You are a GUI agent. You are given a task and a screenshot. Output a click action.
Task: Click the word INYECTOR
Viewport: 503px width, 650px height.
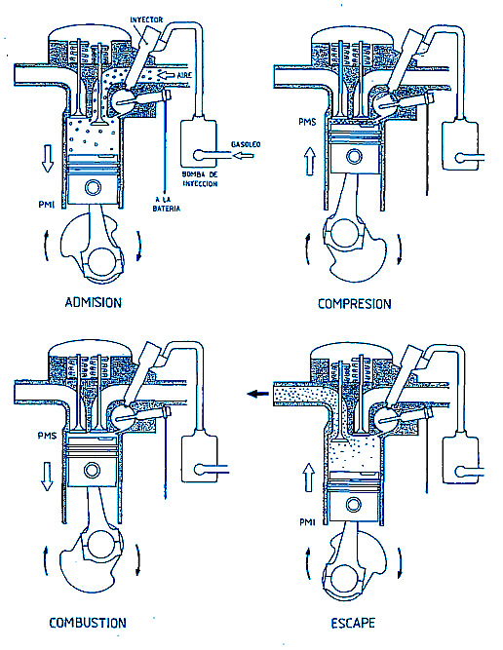click(x=146, y=19)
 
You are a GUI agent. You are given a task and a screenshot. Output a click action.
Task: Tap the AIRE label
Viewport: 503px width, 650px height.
click(x=184, y=75)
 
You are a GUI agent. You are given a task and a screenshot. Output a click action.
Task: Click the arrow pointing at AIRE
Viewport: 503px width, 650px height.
click(x=167, y=75)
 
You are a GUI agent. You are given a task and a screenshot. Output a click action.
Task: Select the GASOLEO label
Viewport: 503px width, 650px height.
click(x=246, y=144)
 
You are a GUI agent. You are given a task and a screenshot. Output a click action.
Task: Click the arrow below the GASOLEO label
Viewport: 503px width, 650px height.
click(x=243, y=156)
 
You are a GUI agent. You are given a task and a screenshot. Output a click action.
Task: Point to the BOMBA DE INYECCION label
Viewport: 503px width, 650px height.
click(x=200, y=179)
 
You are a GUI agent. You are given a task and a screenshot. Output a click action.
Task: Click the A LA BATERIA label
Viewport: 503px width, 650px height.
click(x=167, y=204)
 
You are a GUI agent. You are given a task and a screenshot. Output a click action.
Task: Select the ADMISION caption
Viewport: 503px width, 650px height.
click(x=94, y=303)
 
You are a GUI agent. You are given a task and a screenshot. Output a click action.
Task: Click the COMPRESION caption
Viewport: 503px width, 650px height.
click(x=354, y=304)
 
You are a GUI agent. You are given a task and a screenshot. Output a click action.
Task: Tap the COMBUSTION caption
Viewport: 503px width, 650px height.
click(x=88, y=623)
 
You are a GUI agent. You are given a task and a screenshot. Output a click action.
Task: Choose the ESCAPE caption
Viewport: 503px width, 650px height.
click(x=353, y=623)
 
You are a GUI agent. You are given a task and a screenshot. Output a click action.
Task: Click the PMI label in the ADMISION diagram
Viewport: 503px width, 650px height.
click(x=47, y=205)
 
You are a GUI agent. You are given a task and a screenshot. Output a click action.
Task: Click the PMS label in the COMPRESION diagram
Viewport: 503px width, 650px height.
click(x=307, y=122)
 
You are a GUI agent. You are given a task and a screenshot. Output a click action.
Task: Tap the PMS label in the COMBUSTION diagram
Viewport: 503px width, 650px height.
click(x=47, y=436)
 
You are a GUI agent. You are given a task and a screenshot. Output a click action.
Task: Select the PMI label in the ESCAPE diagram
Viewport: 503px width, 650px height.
click(x=307, y=522)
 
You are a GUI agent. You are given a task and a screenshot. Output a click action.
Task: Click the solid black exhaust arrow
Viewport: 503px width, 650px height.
click(x=258, y=394)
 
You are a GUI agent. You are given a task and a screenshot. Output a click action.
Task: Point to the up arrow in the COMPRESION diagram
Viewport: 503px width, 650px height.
click(x=310, y=162)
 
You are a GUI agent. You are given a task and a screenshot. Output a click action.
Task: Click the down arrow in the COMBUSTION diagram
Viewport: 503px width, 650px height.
click(x=47, y=477)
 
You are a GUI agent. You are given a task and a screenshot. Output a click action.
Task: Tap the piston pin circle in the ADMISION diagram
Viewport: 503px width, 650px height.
click(x=93, y=187)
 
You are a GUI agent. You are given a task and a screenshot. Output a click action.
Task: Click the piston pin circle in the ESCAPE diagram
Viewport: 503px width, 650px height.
click(x=353, y=505)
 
